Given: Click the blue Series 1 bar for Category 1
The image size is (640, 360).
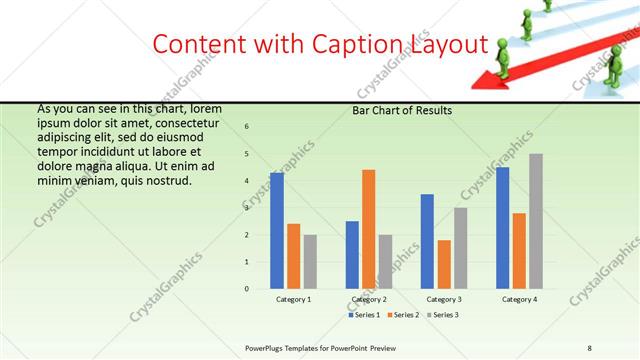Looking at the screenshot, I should [x=277, y=231].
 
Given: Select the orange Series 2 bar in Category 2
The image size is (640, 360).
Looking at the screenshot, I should [x=369, y=229].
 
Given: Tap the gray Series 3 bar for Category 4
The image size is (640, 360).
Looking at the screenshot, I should [x=536, y=221].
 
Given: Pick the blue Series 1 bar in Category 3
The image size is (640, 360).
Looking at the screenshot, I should [x=427, y=241].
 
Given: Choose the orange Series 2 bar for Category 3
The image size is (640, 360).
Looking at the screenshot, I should [x=444, y=264].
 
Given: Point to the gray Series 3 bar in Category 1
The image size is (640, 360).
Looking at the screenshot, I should [x=310, y=262].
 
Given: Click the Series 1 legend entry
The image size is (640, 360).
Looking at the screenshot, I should [x=363, y=315].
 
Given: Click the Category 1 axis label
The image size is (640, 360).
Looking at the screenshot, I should [x=293, y=299].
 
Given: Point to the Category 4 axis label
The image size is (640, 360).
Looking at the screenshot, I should [x=519, y=299].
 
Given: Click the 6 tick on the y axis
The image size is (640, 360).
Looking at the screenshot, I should [x=247, y=126].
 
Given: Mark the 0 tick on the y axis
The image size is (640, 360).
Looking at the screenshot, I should [x=247, y=289].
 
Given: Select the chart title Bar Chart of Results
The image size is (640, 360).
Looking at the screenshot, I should [x=402, y=110].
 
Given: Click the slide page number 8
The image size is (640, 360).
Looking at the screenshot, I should [x=590, y=347].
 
